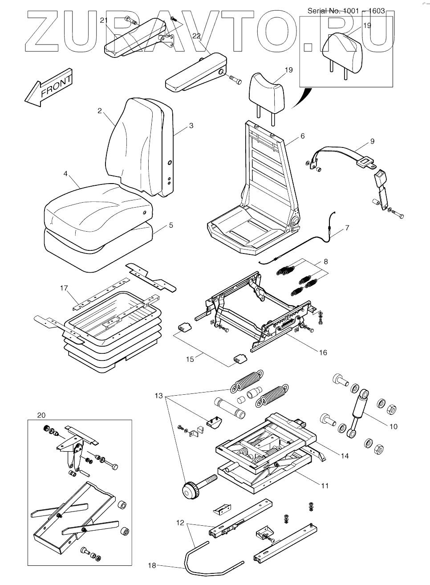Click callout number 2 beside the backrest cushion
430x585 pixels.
pyautogui.click(x=100, y=111)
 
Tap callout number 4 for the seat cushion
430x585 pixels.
pyautogui.click(x=65, y=174)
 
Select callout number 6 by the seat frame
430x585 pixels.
pyautogui.click(x=302, y=136)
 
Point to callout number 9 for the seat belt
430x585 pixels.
pyautogui.click(x=372, y=143)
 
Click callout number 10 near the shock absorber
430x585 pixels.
pyautogui.click(x=393, y=426)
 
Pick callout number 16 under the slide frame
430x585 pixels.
pyautogui.click(x=323, y=352)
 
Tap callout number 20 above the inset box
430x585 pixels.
pyautogui.click(x=41, y=415)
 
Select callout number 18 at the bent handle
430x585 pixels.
pyautogui.click(x=152, y=565)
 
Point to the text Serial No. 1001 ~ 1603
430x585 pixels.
pyautogui.click(x=346, y=11)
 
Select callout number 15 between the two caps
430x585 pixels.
pyautogui.click(x=190, y=359)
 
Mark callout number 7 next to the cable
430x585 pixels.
pyautogui.click(x=347, y=228)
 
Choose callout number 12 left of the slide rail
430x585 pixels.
pyautogui.click(x=180, y=523)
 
